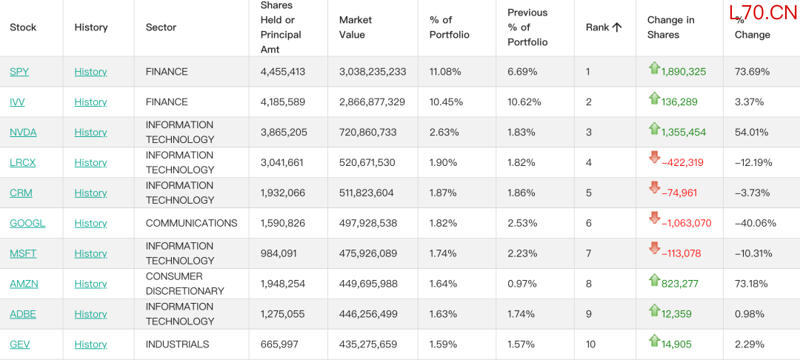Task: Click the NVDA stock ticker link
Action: click(x=23, y=133)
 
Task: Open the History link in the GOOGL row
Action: click(x=90, y=224)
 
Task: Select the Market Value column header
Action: click(x=356, y=27)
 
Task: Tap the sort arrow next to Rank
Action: click(x=617, y=27)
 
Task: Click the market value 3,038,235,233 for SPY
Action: click(x=373, y=72)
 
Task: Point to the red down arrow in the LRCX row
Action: click(x=654, y=158)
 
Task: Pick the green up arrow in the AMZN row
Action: click(x=654, y=279)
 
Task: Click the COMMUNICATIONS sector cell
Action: click(x=191, y=224)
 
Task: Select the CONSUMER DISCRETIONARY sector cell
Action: click(x=184, y=284)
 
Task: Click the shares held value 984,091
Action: click(x=279, y=253)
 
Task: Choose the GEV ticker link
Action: click(x=19, y=344)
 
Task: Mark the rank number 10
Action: click(x=590, y=344)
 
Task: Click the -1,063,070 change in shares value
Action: click(x=686, y=224)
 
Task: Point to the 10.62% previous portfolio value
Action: click(x=524, y=102)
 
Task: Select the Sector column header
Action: click(x=161, y=27)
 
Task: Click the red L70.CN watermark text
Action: click(x=762, y=13)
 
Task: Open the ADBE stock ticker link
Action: click(x=23, y=314)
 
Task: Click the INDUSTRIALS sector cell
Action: click(x=178, y=344)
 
